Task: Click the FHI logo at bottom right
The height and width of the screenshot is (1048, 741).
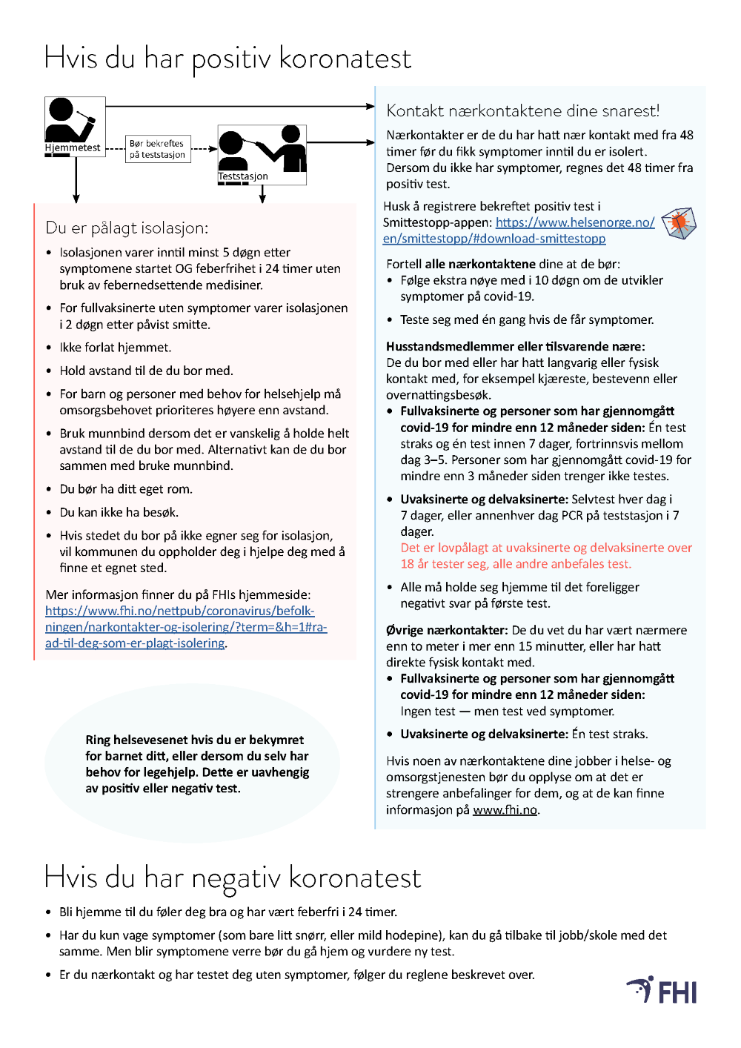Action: tap(663, 990)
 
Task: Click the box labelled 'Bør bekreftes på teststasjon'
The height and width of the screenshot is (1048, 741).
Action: tap(158, 149)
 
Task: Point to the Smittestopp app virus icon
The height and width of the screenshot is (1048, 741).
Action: tap(679, 223)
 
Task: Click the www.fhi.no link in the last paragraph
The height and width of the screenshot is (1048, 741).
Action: tap(505, 810)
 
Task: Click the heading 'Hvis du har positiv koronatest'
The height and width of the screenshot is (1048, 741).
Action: tap(227, 59)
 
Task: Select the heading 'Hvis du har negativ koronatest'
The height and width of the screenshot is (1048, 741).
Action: tap(233, 878)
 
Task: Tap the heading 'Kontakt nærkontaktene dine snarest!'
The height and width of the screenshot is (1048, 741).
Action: tap(522, 111)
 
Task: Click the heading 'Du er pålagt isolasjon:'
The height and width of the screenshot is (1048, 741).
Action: tap(127, 228)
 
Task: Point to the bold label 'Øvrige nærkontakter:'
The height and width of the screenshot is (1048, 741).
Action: tap(446, 630)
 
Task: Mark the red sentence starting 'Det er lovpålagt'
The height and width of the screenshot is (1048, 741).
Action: tap(546, 555)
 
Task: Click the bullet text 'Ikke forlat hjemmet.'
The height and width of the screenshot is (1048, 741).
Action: tap(115, 348)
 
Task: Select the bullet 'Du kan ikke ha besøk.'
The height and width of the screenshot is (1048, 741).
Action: tap(119, 512)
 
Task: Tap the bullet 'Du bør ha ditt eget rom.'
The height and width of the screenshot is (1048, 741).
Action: tap(125, 489)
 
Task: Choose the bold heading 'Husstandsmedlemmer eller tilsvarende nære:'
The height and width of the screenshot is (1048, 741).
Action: tap(515, 346)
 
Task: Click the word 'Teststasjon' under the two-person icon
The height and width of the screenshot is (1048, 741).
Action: tap(243, 177)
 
